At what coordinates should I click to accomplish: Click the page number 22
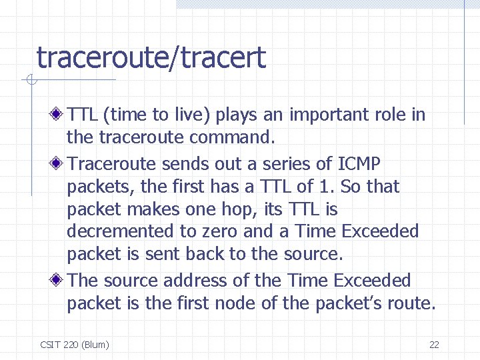pyautogui.click(x=434, y=345)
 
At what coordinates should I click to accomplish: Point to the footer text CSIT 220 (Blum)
pyautogui.click(x=75, y=345)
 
